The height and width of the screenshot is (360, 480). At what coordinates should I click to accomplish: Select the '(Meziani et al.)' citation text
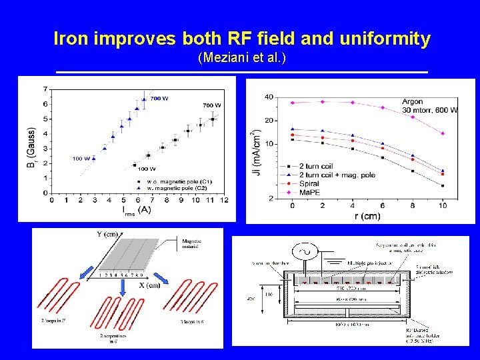point(242,59)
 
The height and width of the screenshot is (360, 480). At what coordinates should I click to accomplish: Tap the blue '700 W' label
point(159,99)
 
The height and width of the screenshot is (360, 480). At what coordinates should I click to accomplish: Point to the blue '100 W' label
point(82,159)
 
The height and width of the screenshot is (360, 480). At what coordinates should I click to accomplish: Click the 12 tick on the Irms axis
point(224,199)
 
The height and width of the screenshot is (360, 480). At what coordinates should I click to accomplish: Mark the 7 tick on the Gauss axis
point(44,89)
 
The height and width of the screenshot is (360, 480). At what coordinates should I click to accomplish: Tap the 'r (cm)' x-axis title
point(367,216)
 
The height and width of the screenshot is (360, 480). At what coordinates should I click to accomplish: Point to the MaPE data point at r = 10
point(443,133)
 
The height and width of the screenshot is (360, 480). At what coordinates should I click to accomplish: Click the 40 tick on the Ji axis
point(269,97)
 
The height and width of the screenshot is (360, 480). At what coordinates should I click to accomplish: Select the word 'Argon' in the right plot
point(413,101)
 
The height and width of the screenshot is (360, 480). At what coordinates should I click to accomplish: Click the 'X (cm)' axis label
point(149,285)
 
